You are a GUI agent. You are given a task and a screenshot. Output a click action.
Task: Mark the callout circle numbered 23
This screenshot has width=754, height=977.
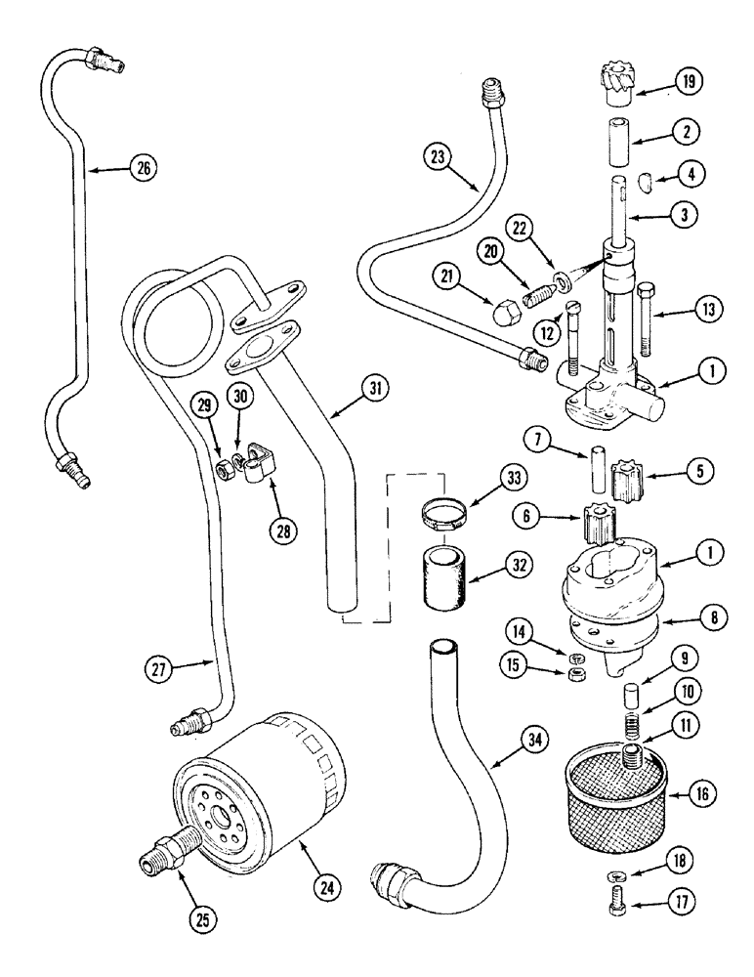(x=440, y=155)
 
